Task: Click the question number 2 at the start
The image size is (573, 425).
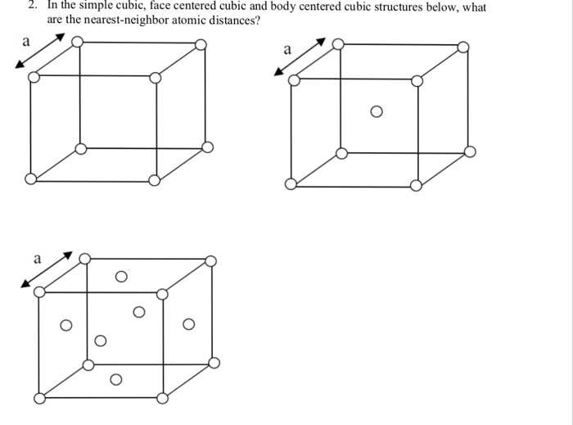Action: click(30, 7)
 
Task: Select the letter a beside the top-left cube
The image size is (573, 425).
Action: click(25, 40)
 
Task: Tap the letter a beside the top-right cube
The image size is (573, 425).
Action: click(286, 51)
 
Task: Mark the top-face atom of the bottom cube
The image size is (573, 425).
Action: click(121, 278)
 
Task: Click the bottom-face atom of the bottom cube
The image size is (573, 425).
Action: click(115, 378)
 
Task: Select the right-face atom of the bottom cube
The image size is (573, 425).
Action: click(189, 325)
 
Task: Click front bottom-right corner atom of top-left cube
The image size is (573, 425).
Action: click(156, 179)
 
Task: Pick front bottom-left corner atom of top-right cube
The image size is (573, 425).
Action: click(291, 184)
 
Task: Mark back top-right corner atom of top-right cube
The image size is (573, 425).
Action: click(463, 47)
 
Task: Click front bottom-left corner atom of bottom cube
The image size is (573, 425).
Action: click(39, 398)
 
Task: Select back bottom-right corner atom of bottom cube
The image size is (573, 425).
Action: click(214, 363)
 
